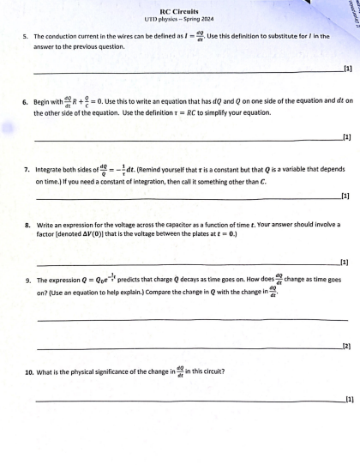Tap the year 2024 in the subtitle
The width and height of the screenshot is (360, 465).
coord(209,19)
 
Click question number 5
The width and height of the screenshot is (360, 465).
coord(27,37)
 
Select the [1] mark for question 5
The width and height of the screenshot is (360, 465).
coord(347,68)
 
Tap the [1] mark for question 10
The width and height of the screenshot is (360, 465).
coord(347,400)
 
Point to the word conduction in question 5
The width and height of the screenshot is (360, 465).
coord(64,37)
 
